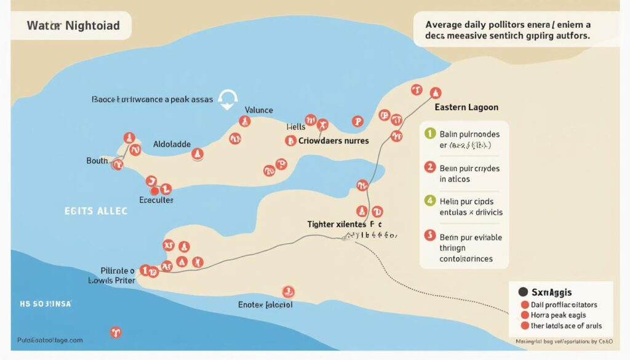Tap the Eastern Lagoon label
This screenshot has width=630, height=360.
point(466,107)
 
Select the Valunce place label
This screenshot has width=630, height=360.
point(258,110)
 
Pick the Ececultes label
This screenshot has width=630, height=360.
point(156,200)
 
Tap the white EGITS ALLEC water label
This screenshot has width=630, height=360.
point(95,210)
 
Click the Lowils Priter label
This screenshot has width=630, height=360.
point(113,280)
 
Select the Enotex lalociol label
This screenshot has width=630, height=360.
point(265,305)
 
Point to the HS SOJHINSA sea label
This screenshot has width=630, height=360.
point(45,304)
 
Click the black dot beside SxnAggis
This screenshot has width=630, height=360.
point(524,292)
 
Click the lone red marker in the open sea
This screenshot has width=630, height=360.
point(114,333)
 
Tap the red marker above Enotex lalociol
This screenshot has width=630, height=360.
point(287,291)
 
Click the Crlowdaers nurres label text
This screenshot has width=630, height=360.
point(333,140)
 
